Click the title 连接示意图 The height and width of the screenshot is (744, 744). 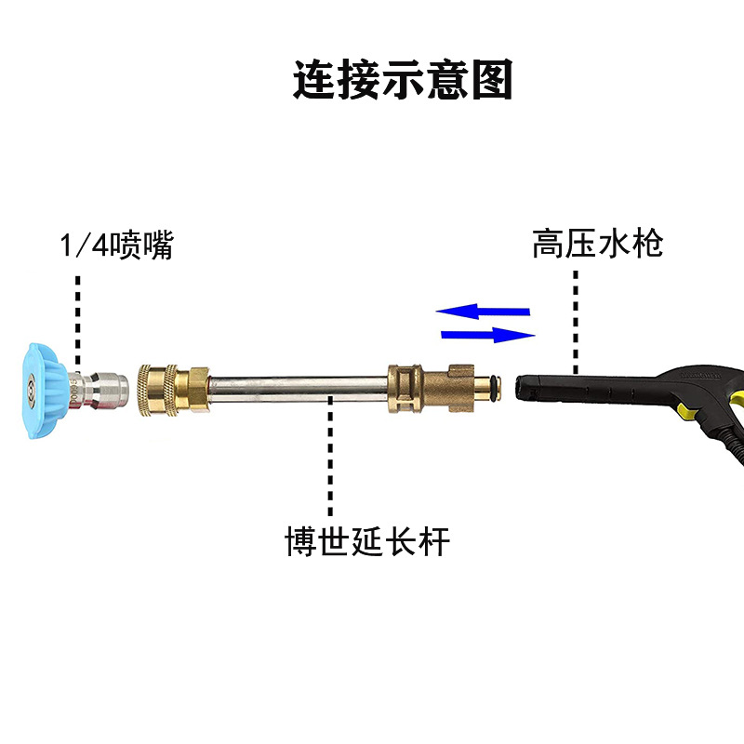point(403,81)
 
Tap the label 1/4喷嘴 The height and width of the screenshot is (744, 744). point(115,246)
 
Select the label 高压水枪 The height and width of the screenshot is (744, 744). point(597,244)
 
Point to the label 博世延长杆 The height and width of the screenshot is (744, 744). point(366,541)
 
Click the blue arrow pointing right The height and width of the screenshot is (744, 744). point(489,335)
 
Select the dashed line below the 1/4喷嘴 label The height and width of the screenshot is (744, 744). point(78,316)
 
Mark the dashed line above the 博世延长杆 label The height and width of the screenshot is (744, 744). point(329,460)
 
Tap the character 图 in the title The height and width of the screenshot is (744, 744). point(492,81)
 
